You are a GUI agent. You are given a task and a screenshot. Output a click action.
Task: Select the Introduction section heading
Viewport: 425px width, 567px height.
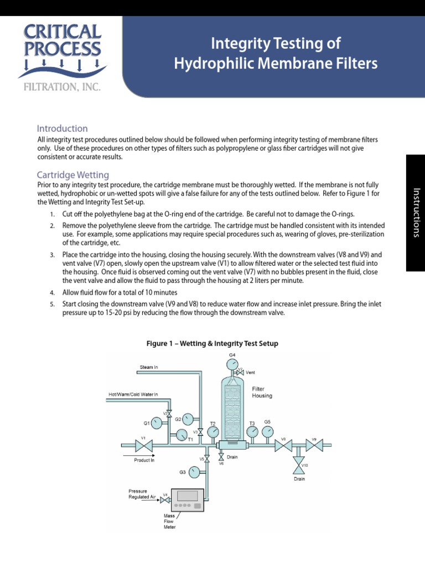click(62, 128)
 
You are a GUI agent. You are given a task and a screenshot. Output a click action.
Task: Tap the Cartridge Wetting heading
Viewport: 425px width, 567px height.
click(72, 175)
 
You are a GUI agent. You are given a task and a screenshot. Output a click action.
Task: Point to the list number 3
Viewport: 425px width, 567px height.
click(52, 255)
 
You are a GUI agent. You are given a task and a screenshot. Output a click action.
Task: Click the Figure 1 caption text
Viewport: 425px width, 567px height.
click(212, 344)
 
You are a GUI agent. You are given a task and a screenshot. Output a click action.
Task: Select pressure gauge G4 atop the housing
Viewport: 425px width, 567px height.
click(231, 364)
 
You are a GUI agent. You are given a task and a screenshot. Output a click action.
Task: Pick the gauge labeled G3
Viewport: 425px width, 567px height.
click(194, 472)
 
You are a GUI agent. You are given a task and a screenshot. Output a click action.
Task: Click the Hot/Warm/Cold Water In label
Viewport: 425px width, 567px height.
click(132, 395)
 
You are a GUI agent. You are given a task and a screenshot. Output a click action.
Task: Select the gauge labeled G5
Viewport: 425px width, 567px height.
click(267, 431)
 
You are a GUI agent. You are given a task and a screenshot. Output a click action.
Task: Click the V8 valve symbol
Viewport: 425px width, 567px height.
click(283, 445)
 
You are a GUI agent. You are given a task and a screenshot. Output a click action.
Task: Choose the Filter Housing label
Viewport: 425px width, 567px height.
click(262, 393)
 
